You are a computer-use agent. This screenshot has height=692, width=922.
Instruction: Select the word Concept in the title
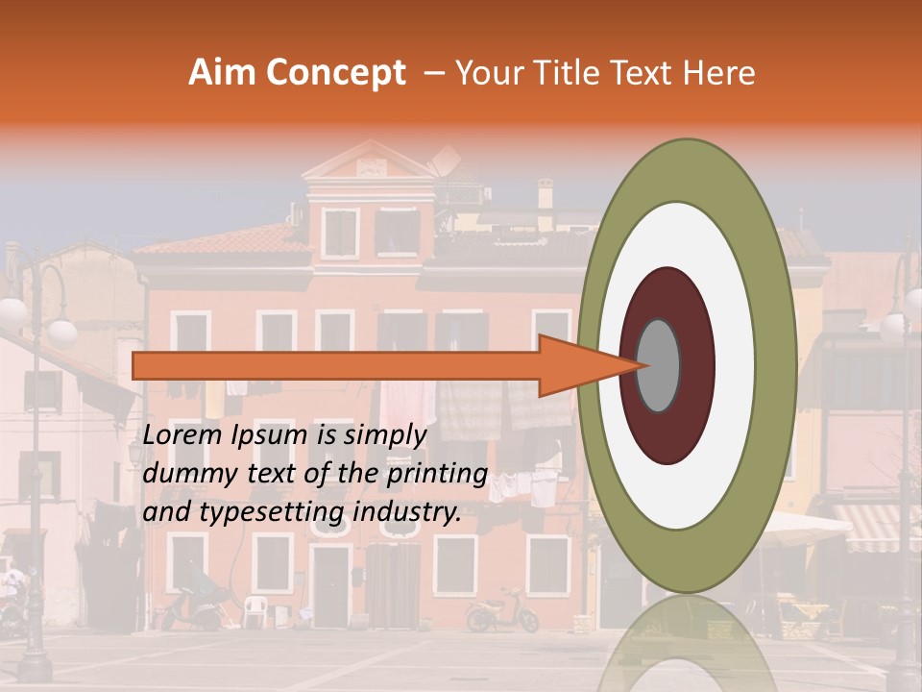334,73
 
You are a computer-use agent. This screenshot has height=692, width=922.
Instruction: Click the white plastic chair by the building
254,609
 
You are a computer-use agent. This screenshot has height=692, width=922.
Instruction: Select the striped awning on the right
877,528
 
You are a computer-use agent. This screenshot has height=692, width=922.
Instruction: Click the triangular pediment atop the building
370,161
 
